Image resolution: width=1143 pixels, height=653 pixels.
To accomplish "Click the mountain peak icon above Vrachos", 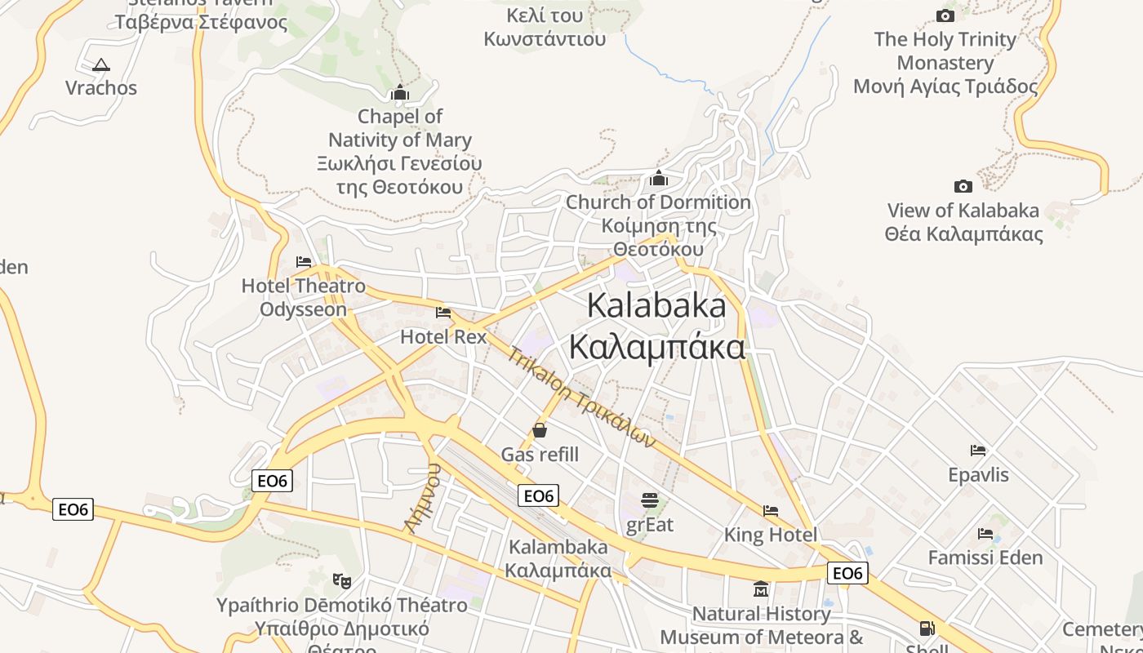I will point(100,64).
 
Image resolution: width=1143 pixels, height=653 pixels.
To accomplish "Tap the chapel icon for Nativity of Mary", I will point(399,92).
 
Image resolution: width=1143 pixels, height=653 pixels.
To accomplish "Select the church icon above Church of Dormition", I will point(659,178).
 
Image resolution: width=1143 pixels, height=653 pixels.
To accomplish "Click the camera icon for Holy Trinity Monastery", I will point(945,16).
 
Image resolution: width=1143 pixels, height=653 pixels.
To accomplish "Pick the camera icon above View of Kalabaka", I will point(963,186).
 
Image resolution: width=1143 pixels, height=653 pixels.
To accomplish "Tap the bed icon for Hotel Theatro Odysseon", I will point(304,262).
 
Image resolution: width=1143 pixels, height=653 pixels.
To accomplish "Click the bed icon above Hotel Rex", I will point(443,313).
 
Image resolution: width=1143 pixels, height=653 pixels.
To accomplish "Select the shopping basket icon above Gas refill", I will point(540,429).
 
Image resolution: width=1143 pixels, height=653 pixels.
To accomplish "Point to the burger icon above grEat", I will point(650,500).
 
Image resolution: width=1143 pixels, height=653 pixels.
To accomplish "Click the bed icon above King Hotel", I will point(771,511).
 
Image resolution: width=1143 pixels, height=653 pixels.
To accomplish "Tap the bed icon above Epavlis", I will point(978,451).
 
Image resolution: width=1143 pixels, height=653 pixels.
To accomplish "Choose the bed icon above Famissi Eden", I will point(985,534).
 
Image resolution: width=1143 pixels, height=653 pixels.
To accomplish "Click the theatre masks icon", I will point(342,581).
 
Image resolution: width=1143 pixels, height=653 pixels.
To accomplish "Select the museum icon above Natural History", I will point(761,589).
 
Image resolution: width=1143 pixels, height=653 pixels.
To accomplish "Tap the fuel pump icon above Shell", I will point(927,629).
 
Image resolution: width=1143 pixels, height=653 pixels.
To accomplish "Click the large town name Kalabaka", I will point(656,306).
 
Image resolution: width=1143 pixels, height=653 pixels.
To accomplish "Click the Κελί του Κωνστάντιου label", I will point(545,27).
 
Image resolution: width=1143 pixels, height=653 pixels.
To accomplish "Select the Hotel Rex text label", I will point(443,336).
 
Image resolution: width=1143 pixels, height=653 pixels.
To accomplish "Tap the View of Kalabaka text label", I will point(963,211).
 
